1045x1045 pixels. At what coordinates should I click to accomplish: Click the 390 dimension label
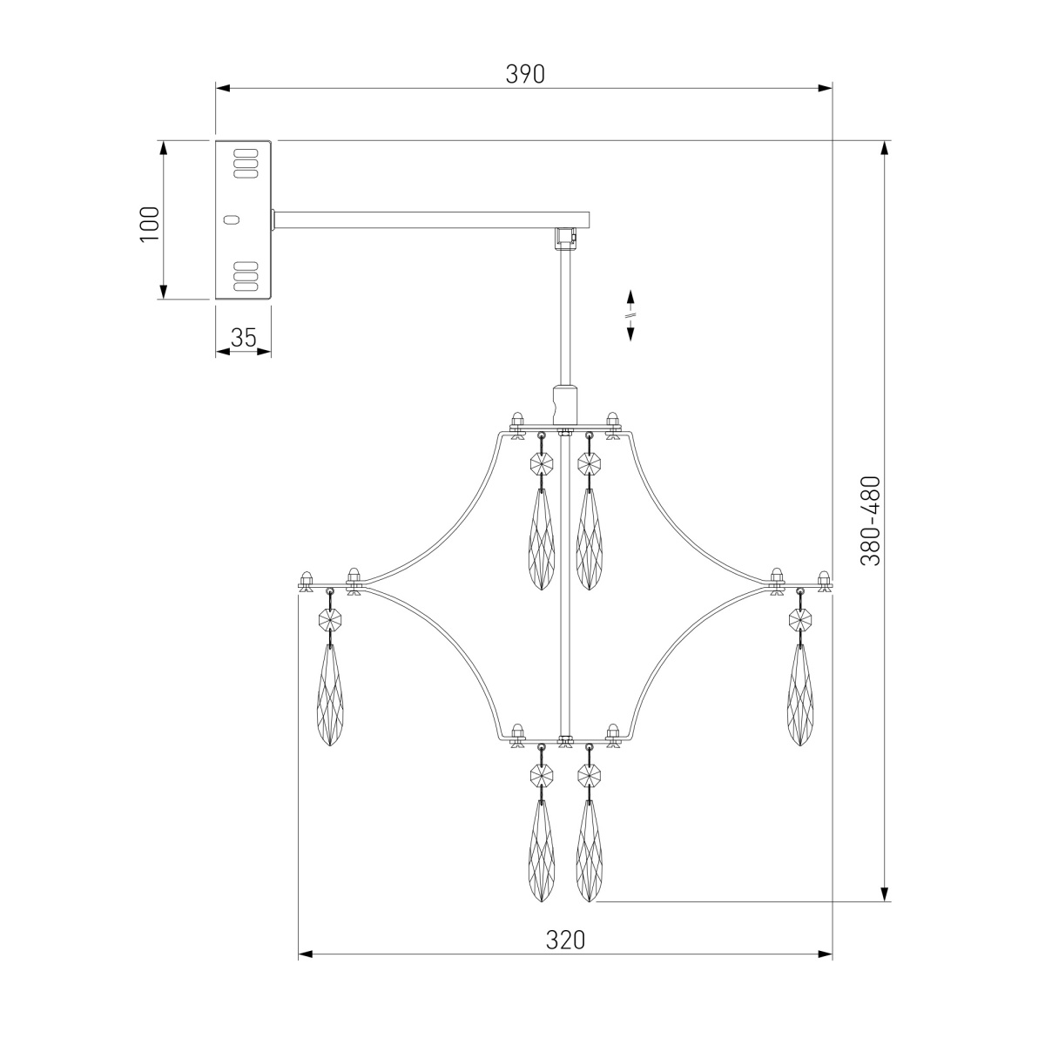click(x=524, y=74)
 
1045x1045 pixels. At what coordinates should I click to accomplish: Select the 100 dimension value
click(x=150, y=225)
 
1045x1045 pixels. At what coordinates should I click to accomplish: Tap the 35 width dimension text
click(x=243, y=338)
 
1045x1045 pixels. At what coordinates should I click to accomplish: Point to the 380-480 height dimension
click(x=870, y=521)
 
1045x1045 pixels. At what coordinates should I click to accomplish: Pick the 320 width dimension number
click(x=566, y=940)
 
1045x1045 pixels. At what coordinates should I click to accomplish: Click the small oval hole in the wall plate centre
click(x=232, y=219)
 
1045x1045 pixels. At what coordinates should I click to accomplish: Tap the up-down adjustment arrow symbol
click(x=630, y=315)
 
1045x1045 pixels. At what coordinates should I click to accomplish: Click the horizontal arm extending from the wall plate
click(x=432, y=219)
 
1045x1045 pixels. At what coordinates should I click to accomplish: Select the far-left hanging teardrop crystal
click(x=330, y=695)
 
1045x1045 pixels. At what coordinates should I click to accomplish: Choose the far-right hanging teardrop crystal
click(x=800, y=695)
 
